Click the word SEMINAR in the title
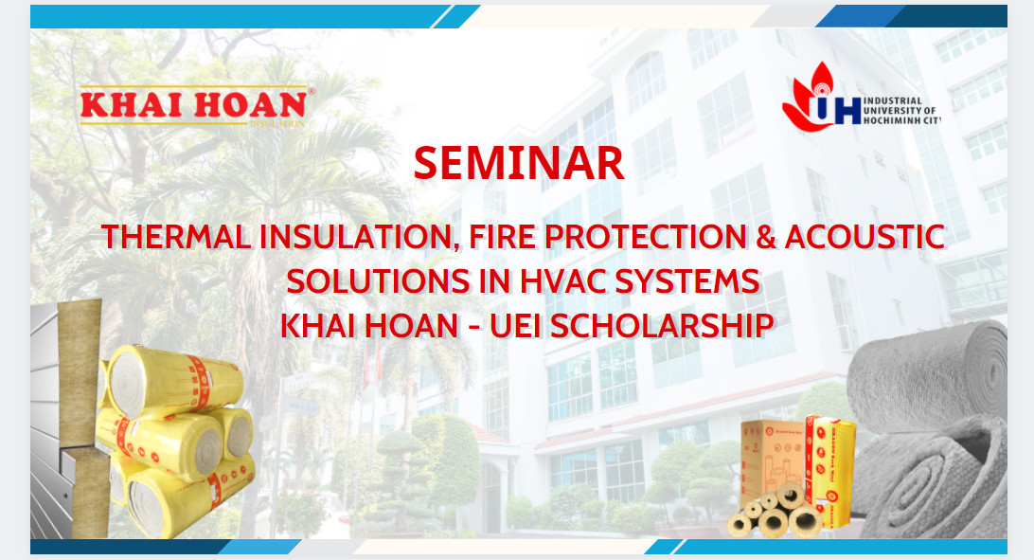coord(519,163)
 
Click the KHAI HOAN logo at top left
coord(194,105)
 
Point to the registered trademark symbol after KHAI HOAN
coord(312,91)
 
